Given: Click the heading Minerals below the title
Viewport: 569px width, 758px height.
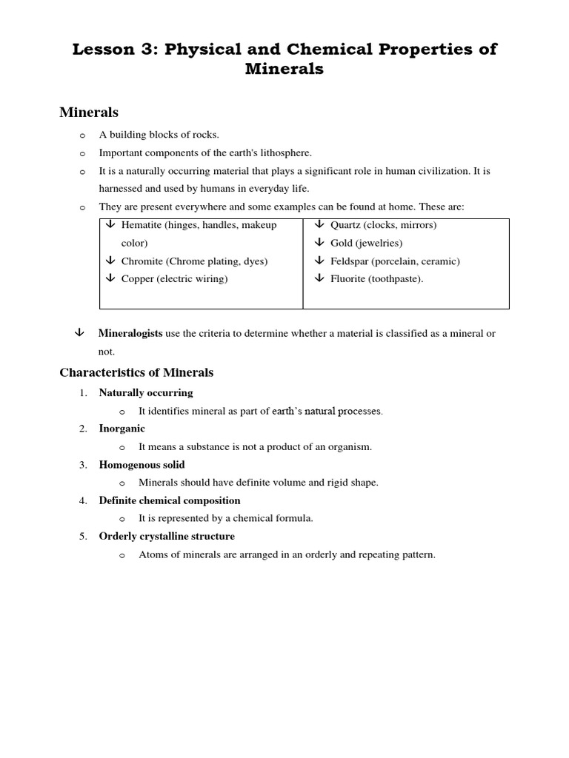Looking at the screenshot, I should [x=89, y=113].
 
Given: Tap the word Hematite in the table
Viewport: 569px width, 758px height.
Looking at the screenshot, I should [x=142, y=225].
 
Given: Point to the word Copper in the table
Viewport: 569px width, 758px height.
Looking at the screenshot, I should [x=137, y=279].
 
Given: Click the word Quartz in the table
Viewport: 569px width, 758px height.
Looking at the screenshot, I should [x=345, y=225].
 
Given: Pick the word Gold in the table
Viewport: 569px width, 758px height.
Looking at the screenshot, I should [x=342, y=243].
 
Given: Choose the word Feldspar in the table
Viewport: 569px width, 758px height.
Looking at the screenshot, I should [x=350, y=261].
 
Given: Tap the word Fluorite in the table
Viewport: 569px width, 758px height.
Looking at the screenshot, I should [x=349, y=279].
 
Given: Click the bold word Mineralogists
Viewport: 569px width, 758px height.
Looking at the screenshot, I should [x=130, y=334].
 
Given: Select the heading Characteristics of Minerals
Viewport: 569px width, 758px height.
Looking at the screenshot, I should [x=136, y=372].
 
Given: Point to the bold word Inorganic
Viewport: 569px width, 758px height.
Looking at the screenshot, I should [x=122, y=429].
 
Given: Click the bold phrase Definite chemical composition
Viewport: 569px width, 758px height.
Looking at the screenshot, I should [x=170, y=500].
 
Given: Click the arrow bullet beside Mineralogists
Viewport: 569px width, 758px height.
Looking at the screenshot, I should [x=79, y=333].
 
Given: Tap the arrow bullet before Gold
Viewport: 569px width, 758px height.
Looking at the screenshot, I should [x=319, y=243].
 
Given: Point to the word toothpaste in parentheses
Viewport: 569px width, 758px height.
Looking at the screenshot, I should [x=396, y=279].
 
